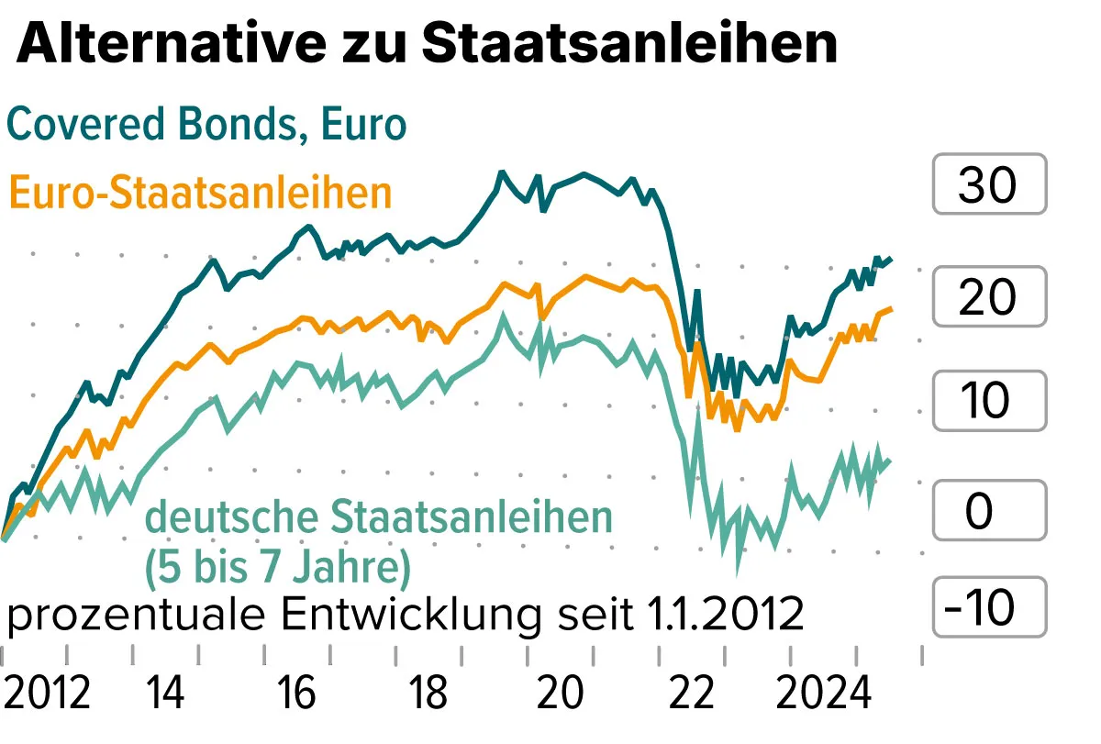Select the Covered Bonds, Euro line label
[x=206, y=124]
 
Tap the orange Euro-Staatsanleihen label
[x=200, y=194]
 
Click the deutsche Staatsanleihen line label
[x=379, y=517]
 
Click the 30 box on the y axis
[x=988, y=185]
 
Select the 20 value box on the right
[x=988, y=296]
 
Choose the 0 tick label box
[x=988, y=510]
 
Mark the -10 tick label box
[x=988, y=607]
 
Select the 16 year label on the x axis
[x=296, y=693]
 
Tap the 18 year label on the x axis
[x=428, y=693]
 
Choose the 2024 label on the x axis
[x=823, y=693]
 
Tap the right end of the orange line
[x=891, y=309]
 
